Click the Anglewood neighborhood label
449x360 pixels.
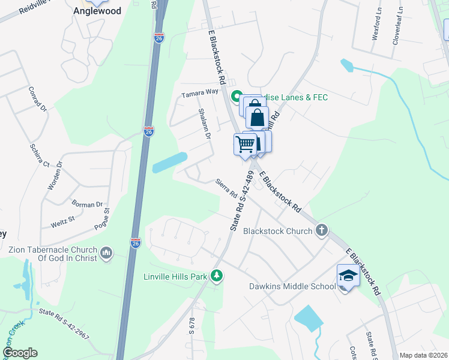tap(97, 11)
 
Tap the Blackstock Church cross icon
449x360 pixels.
tap(322, 230)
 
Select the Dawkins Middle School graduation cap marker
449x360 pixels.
tap(348, 275)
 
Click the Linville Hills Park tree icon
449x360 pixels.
tap(217, 276)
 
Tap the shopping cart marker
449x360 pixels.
tap(245, 144)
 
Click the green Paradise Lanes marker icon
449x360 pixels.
tap(237, 97)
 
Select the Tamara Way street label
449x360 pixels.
tap(200, 94)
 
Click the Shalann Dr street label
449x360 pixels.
tap(205, 124)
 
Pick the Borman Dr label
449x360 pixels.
tap(87, 205)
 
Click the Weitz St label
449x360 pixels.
tap(62, 221)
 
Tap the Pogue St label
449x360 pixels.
tap(102, 219)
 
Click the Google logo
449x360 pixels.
tap(19, 353)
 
